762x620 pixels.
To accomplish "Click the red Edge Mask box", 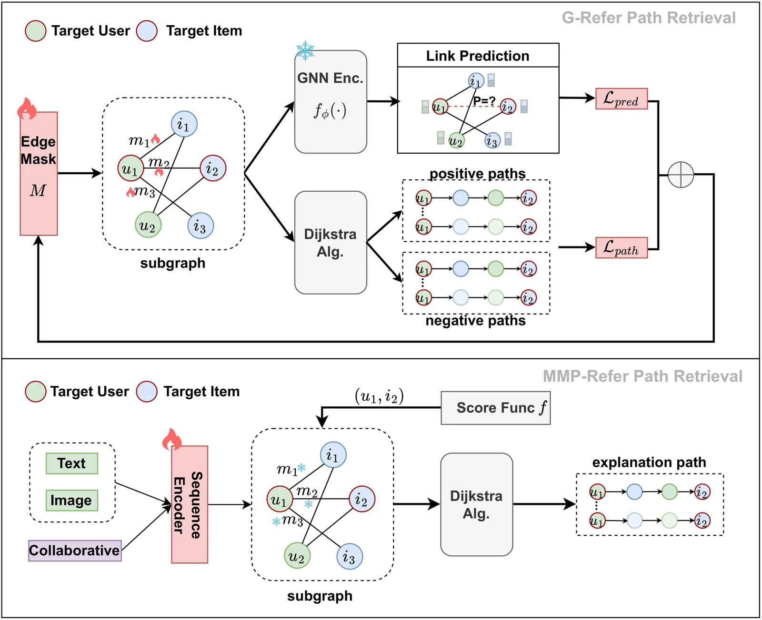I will [x=39, y=174].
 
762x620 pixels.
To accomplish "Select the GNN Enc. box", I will [x=331, y=102].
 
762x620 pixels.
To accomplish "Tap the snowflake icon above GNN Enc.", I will [x=305, y=50].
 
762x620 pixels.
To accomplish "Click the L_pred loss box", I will [x=622, y=99].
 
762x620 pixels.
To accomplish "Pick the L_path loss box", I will [x=622, y=248].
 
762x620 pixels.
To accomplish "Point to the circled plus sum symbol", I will [x=681, y=175].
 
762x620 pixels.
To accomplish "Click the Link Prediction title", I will [x=478, y=56].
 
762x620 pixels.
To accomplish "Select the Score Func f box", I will [x=496, y=408].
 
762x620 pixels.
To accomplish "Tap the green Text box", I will [x=72, y=463].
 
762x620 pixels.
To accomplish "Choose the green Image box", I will [x=72, y=501].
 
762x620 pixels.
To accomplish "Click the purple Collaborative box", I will [x=75, y=551].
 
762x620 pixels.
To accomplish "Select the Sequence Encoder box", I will [x=190, y=504].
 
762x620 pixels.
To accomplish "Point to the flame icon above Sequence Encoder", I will [x=172, y=439].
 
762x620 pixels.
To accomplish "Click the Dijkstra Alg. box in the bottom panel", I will [x=476, y=504].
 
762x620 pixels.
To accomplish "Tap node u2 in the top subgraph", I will [x=148, y=225].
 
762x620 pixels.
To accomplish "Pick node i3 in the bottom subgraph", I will [x=350, y=556].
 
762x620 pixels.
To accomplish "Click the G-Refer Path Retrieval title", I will [x=649, y=18].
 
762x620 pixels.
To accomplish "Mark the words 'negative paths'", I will [x=475, y=321].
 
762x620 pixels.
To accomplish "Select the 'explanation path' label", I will [x=649, y=463].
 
